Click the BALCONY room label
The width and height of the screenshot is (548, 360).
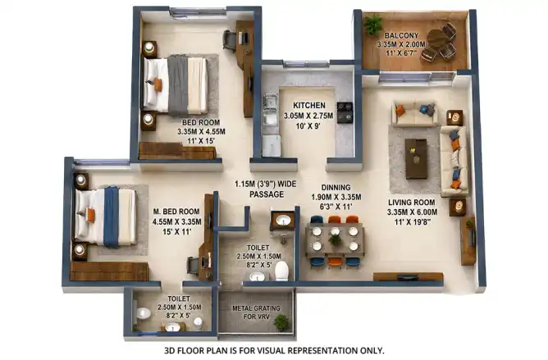pos(401,35)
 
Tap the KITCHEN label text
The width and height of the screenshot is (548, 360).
pos(309,105)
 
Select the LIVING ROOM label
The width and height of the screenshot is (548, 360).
pos(412,203)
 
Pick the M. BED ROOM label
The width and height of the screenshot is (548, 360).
pos(176,212)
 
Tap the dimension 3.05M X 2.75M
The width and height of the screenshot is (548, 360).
pos(308,116)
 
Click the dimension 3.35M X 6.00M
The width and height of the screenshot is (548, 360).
pos(412,212)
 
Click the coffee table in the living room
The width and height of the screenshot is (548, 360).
pos(416,158)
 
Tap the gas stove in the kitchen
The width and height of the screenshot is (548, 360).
pos(345,112)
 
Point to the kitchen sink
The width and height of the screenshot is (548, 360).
pos(270,109)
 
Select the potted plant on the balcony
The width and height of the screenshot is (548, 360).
pos(373,25)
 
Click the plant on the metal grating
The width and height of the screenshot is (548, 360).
pos(281,322)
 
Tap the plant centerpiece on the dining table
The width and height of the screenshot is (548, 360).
pos(335,239)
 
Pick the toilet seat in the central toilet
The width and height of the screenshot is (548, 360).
pos(281,271)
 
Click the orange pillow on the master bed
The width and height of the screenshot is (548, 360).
pos(90,214)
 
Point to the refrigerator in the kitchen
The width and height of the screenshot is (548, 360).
pos(272,146)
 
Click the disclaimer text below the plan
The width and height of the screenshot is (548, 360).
pos(274,350)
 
